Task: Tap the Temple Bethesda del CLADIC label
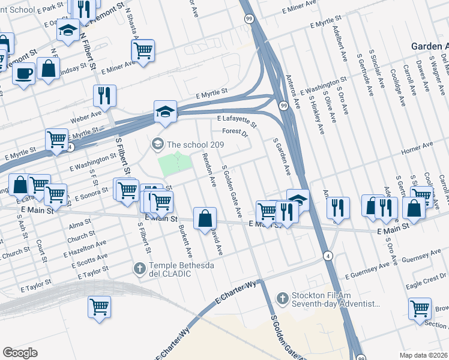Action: (169, 269)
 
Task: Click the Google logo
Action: (20, 352)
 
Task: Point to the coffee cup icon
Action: (24, 73)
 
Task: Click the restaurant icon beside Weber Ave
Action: (104, 95)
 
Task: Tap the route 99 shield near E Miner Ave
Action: (249, 19)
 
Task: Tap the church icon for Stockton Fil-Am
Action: (283, 298)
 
